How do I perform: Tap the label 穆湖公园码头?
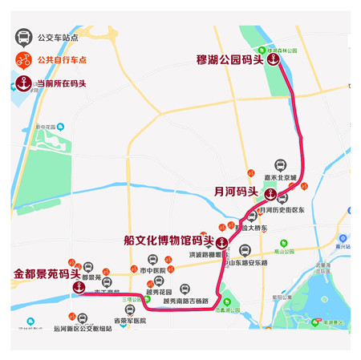click(229, 59)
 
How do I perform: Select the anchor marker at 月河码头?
click(270, 192)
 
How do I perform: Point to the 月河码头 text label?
click(236, 192)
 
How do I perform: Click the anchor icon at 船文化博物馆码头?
click(221, 241)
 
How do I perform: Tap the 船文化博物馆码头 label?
click(168, 240)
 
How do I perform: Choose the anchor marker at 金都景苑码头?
click(79, 287)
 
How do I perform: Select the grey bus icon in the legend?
click(25, 36)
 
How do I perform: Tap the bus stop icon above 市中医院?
click(152, 261)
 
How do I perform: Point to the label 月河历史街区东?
click(283, 209)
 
